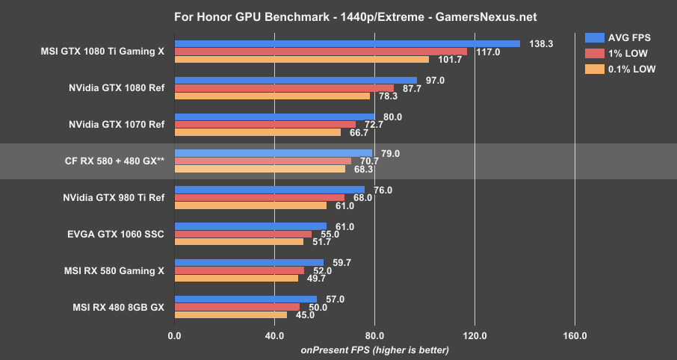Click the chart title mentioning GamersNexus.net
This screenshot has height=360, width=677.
pyautogui.click(x=338, y=16)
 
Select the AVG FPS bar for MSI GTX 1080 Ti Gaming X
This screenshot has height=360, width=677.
pyautogui.click(x=347, y=44)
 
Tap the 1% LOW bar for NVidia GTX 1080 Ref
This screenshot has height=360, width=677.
pyautogui.click(x=284, y=88)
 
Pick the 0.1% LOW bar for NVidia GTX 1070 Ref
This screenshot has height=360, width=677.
pyautogui.click(x=257, y=132)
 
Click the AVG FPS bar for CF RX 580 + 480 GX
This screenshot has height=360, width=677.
pyautogui.click(x=273, y=153)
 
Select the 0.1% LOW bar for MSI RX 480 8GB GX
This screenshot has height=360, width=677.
pyautogui.click(x=230, y=314)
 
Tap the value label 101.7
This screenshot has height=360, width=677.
pyautogui.click(x=446, y=60)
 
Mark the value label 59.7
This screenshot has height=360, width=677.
pyautogui.click(x=341, y=262)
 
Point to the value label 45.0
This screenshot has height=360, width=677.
pyautogui.click(x=304, y=314)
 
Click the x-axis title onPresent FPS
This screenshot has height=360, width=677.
pyautogui.click(x=374, y=350)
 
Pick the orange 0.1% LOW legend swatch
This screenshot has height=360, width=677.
pyautogui.click(x=595, y=69)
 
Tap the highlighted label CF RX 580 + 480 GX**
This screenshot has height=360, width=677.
pyautogui.click(x=114, y=161)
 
